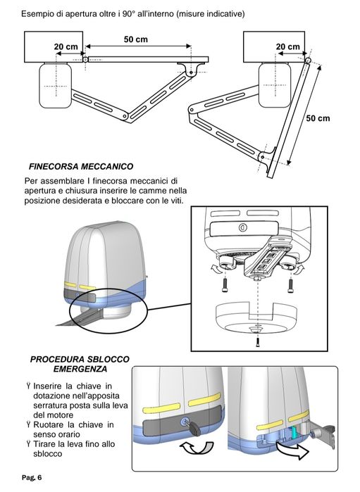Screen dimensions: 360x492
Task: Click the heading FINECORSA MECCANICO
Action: pyautogui.click(x=81, y=166)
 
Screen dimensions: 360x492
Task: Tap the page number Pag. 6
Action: pyautogui.click(x=32, y=477)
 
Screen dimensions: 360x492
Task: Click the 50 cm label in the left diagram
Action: pyautogui.click(x=136, y=39)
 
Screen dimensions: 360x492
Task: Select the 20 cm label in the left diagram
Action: pyautogui.click(x=66, y=46)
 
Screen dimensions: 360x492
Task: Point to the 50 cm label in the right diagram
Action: pyautogui.click(x=318, y=118)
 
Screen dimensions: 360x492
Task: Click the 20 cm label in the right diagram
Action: pyautogui.click(x=287, y=46)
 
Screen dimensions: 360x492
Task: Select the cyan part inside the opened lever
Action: pyautogui.click(x=294, y=432)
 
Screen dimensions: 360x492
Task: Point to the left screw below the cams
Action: pyautogui.click(x=225, y=285)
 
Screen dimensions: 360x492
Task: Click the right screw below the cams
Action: pyautogui.click(x=290, y=285)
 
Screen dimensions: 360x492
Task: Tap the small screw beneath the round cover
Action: pyautogui.click(x=258, y=341)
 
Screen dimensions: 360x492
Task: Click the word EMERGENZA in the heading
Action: pyautogui.click(x=80, y=369)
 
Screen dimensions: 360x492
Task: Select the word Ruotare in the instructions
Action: pyautogui.click(x=49, y=425)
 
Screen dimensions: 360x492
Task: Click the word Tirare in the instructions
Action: pyautogui.click(x=44, y=444)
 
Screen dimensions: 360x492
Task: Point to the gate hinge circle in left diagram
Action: pyautogui.click(x=85, y=59)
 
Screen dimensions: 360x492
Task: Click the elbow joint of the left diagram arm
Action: pyautogui.click(x=125, y=116)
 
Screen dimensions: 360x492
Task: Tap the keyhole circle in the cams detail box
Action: pyautogui.click(x=242, y=227)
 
